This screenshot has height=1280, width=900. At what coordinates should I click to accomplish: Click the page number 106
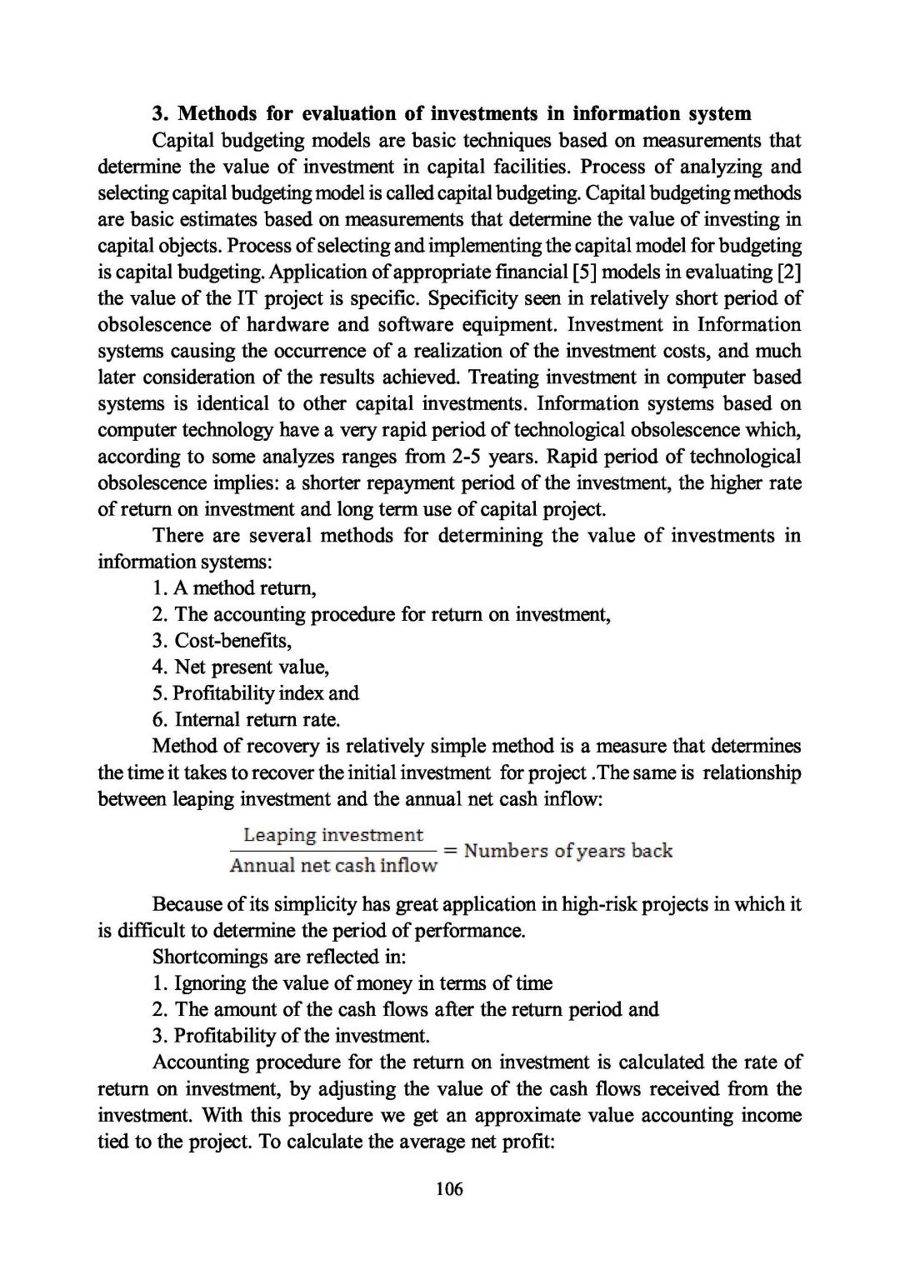click(449, 1188)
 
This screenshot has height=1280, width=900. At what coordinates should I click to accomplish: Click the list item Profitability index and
click(256, 693)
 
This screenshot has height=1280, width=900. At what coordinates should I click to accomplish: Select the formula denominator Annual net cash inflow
click(333, 865)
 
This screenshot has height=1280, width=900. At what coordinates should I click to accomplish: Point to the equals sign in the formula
click(451, 851)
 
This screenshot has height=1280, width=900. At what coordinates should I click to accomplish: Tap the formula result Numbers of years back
click(568, 851)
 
